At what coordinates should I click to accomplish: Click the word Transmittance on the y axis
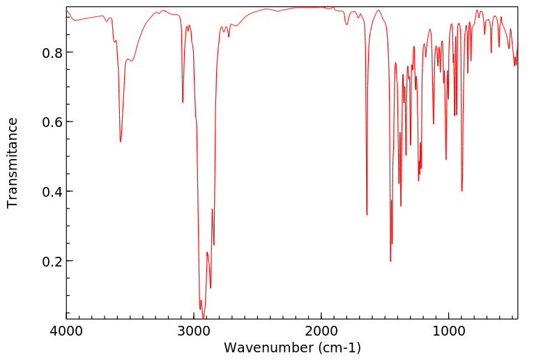click(13, 163)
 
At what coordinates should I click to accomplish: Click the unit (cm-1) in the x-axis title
click(339, 347)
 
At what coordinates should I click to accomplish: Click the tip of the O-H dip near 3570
click(121, 142)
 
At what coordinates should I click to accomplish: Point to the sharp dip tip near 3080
click(183, 102)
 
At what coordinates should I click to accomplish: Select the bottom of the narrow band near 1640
click(367, 215)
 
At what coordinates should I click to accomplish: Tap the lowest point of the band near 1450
click(390, 261)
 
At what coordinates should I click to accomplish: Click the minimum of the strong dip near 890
click(461, 191)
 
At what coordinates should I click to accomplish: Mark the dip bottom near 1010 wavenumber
click(446, 160)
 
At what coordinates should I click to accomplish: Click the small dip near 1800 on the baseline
click(346, 25)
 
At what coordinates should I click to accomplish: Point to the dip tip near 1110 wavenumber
click(434, 124)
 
